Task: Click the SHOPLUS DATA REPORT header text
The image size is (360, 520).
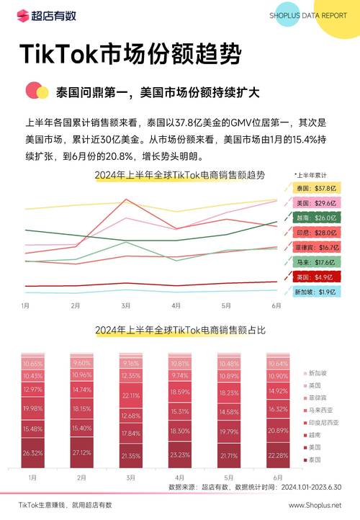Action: click(x=307, y=15)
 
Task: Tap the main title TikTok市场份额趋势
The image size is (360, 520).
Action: click(x=130, y=53)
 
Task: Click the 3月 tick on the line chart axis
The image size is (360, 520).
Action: click(x=126, y=305)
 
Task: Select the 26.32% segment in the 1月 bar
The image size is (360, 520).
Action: click(x=32, y=453)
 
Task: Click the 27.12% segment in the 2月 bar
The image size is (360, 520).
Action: click(x=81, y=453)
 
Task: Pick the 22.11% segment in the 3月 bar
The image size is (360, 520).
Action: click(x=130, y=395)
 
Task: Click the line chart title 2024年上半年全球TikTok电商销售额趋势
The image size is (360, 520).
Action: click(x=180, y=175)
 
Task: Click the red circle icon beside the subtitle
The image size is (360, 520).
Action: click(x=32, y=91)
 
